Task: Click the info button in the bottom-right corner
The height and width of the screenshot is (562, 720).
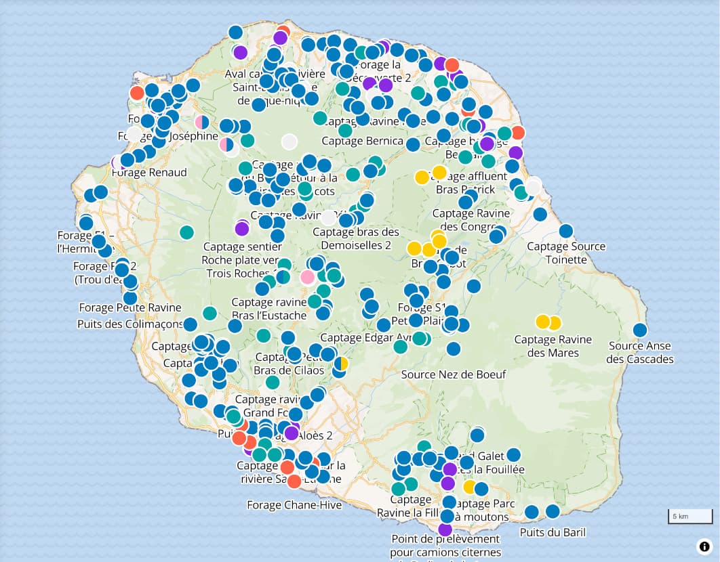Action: point(704,546)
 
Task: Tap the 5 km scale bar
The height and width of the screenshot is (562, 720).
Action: point(689,517)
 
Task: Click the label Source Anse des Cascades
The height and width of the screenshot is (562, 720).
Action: point(640,352)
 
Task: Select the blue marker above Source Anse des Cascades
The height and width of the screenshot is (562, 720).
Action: point(640,330)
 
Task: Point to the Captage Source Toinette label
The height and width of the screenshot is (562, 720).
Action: point(566,253)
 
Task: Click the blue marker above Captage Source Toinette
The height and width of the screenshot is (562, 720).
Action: point(566,230)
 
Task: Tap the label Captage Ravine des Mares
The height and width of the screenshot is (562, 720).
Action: point(553,345)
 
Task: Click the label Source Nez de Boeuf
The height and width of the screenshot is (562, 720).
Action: point(453,374)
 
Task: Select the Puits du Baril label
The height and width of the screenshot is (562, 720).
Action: point(553,532)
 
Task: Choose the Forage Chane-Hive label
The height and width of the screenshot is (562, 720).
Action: point(294,505)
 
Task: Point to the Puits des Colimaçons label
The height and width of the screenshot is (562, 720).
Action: point(130,324)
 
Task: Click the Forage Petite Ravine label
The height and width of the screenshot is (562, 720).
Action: point(130,307)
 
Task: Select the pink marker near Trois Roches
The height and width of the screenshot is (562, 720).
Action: point(307,276)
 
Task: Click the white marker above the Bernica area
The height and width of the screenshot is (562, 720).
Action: point(289,142)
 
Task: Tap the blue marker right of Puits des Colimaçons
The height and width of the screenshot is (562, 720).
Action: point(191,324)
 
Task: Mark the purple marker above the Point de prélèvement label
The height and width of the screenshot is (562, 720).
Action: point(445,529)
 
